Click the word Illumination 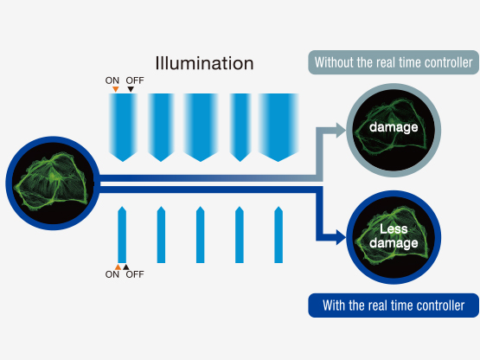204,63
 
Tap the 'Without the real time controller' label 394,62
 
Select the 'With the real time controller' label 394,305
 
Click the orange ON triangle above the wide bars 115,89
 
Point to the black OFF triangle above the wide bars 131,89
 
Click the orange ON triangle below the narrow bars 118,267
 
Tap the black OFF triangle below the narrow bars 125,267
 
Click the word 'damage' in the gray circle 394,127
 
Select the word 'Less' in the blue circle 394,228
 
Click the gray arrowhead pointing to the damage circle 341,131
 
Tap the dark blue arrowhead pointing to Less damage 341,237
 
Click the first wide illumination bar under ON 123,127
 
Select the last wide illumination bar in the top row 278,127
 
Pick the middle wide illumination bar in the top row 201,127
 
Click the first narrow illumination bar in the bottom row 122,235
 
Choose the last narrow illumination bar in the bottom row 278,235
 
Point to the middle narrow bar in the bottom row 200,235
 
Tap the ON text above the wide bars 112,80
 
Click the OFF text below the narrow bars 135,274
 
